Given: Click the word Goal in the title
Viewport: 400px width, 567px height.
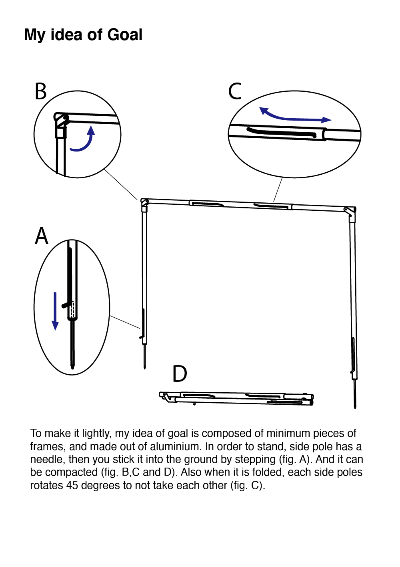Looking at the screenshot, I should coord(125,35).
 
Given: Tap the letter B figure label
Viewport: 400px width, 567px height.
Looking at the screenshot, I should coord(41,91).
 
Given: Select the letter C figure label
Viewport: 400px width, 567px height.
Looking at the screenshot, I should coord(235,91).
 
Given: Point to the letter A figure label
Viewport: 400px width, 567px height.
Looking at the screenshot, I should coord(42,236).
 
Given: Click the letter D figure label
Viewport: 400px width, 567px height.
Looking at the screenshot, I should coord(180,374).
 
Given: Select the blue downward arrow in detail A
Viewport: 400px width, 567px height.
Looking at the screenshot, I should coord(55,311).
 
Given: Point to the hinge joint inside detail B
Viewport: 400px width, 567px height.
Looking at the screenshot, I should coord(61,119).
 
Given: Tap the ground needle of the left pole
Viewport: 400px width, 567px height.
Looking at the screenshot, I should coord(144,357).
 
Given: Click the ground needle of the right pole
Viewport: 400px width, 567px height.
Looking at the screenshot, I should coord(355,395).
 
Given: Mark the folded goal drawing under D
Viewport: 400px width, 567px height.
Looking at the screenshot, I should coord(236,398).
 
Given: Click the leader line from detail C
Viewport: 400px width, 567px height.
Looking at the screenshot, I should coord(278,189).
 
